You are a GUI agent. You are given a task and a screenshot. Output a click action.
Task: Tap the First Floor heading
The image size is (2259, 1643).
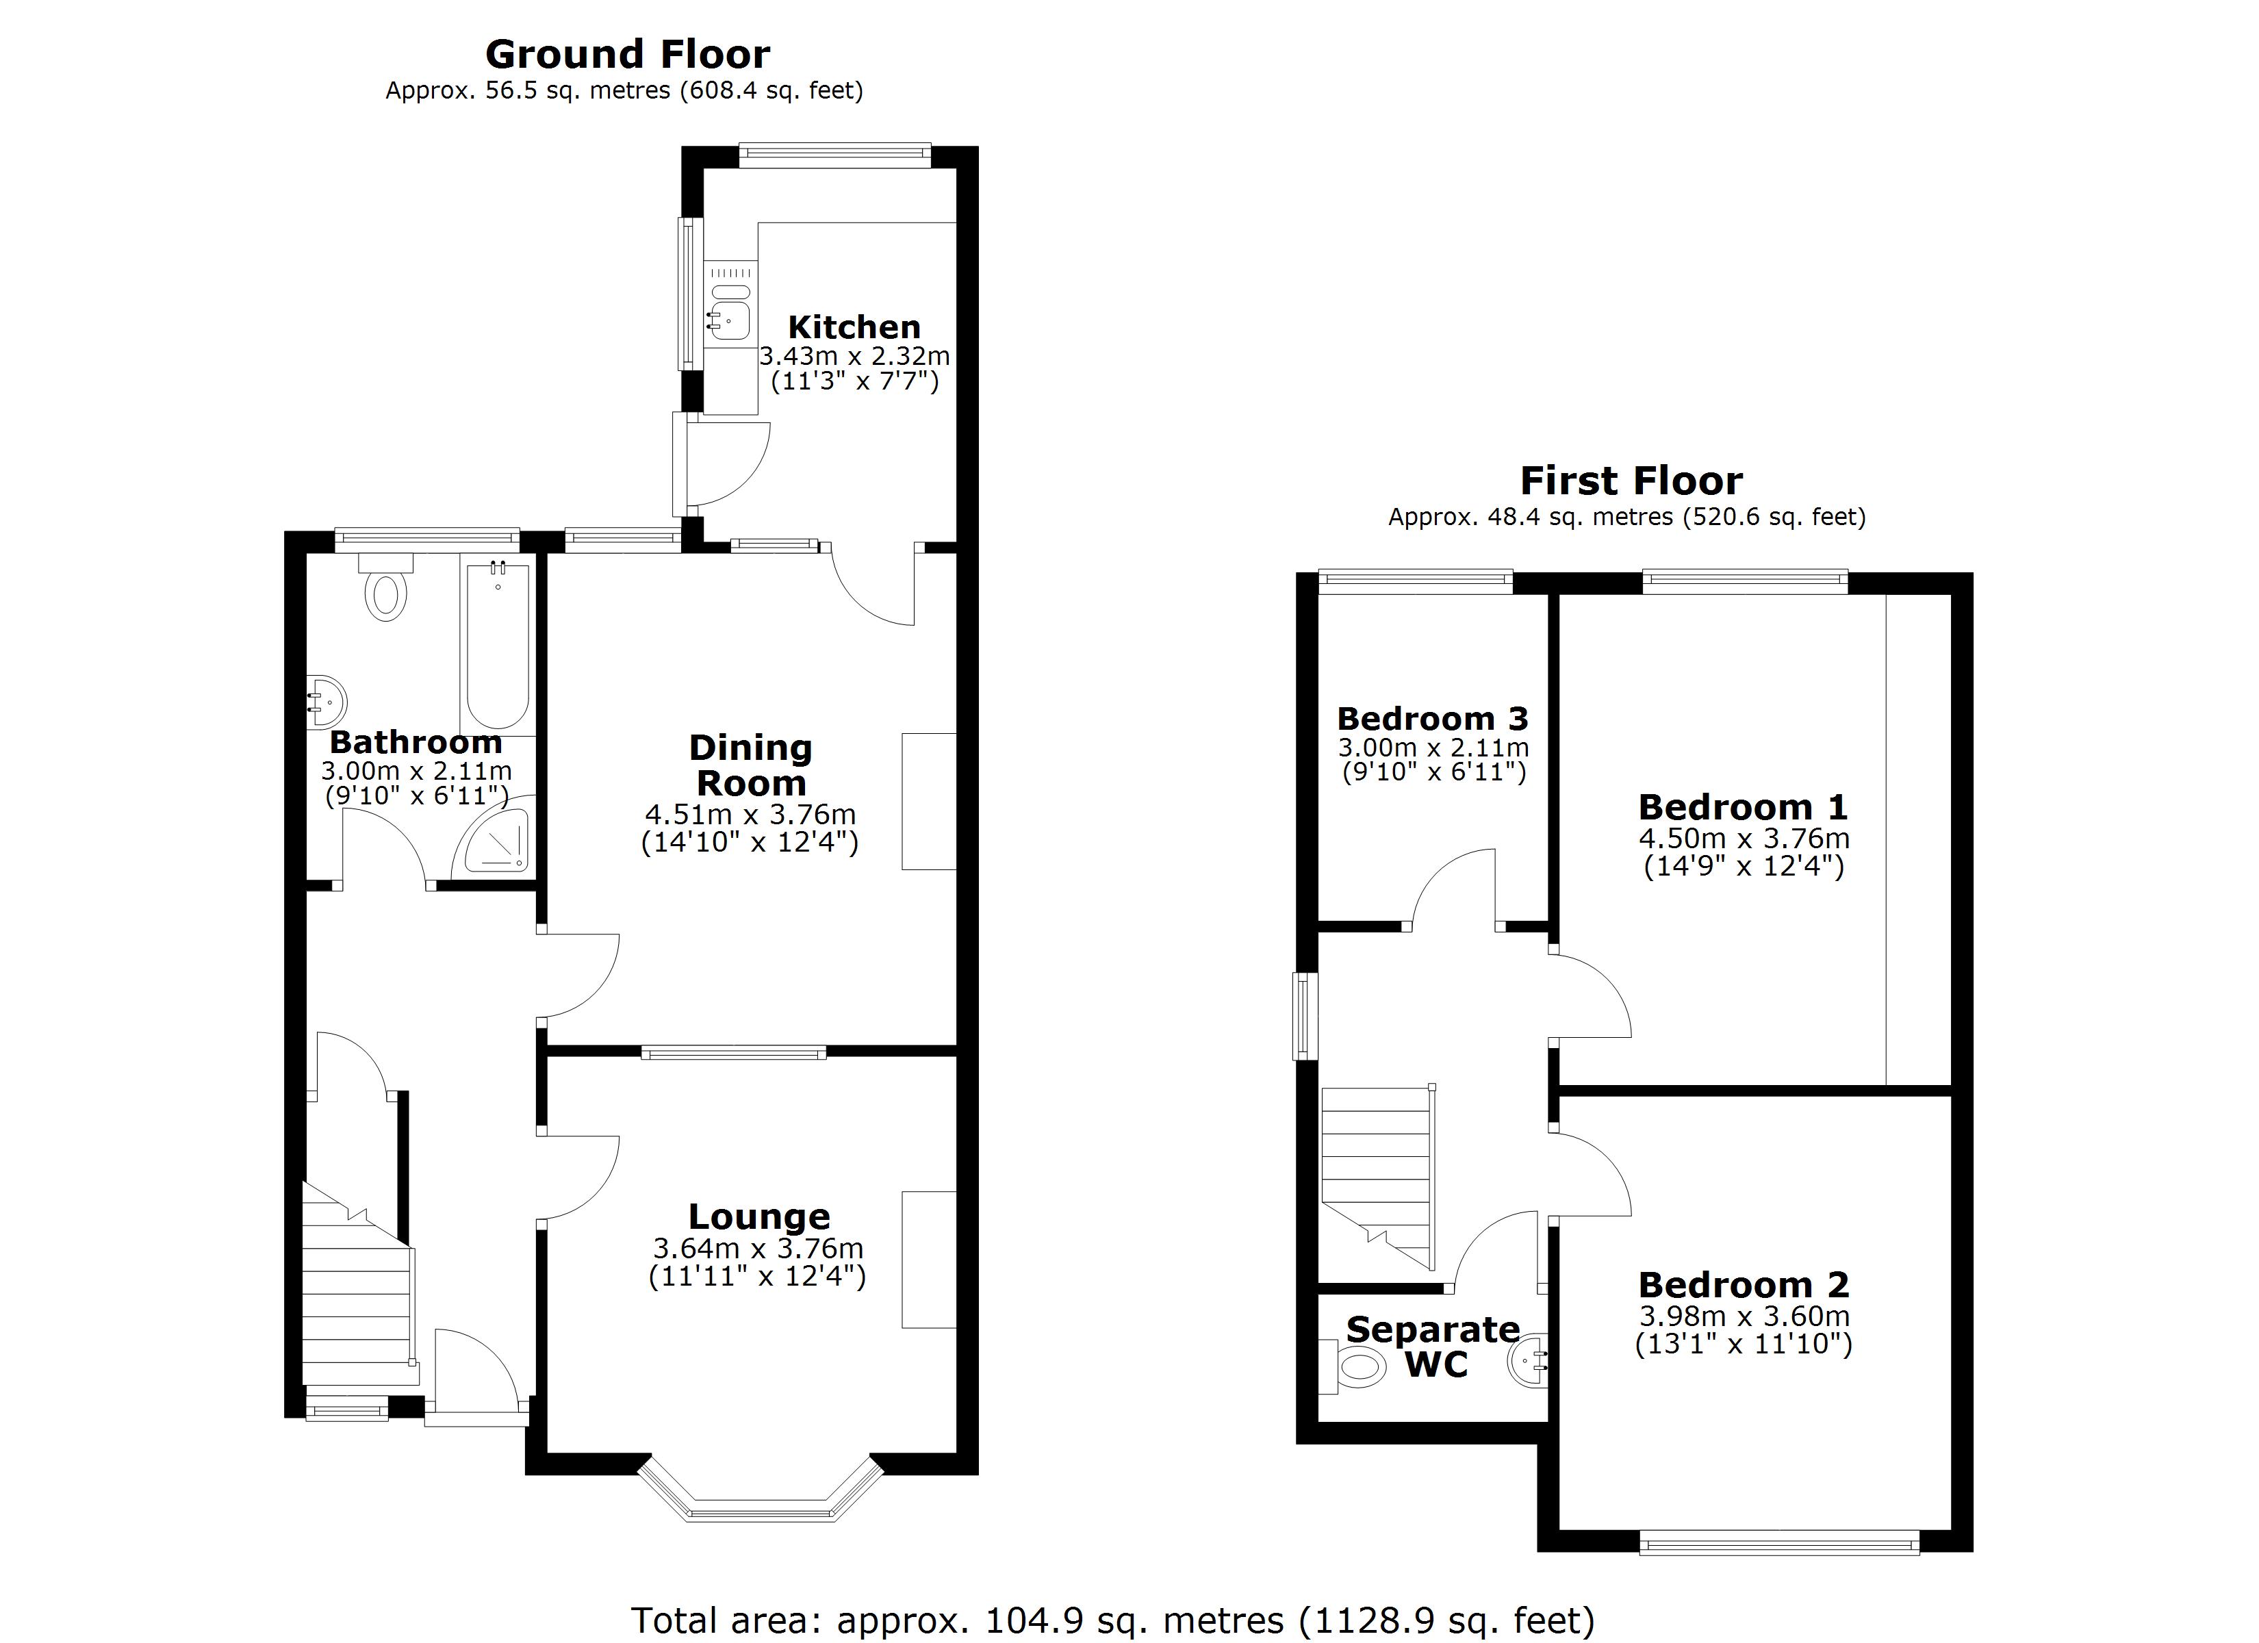coord(1631,481)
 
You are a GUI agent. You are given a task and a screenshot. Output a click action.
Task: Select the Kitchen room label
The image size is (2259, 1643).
coord(854,327)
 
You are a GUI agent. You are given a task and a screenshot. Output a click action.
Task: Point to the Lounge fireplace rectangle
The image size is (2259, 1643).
coord(928,1260)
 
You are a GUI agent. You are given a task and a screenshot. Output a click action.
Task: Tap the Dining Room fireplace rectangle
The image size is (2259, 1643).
coord(928,801)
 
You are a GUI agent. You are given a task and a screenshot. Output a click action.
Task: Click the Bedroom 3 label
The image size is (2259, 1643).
coord(1432,718)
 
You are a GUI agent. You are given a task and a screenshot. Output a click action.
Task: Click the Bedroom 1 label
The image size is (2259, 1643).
coord(1743,806)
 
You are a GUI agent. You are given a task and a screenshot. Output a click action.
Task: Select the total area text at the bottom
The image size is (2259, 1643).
coord(1112,1620)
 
